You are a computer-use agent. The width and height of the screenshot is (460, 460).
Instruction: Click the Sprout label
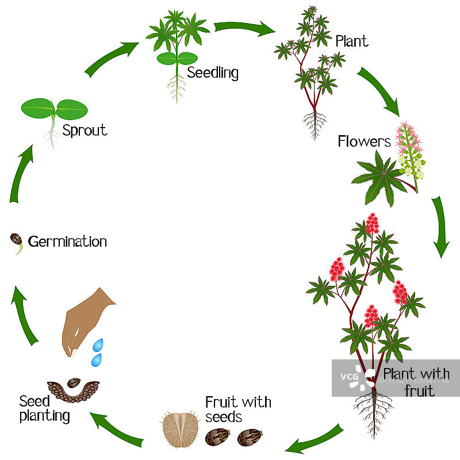click(85, 130)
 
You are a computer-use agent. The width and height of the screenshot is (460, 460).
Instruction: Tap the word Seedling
click(213, 73)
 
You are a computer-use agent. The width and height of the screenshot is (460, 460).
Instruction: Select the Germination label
click(67, 241)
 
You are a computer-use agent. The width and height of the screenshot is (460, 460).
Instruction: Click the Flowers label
click(364, 141)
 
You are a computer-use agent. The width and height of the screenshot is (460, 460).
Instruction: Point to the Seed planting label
click(44, 408)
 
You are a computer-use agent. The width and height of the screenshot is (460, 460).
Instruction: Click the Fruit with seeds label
click(238, 409)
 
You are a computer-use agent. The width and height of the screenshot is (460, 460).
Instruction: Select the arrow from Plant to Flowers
click(378, 89)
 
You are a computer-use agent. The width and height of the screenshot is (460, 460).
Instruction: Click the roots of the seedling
click(177, 88)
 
